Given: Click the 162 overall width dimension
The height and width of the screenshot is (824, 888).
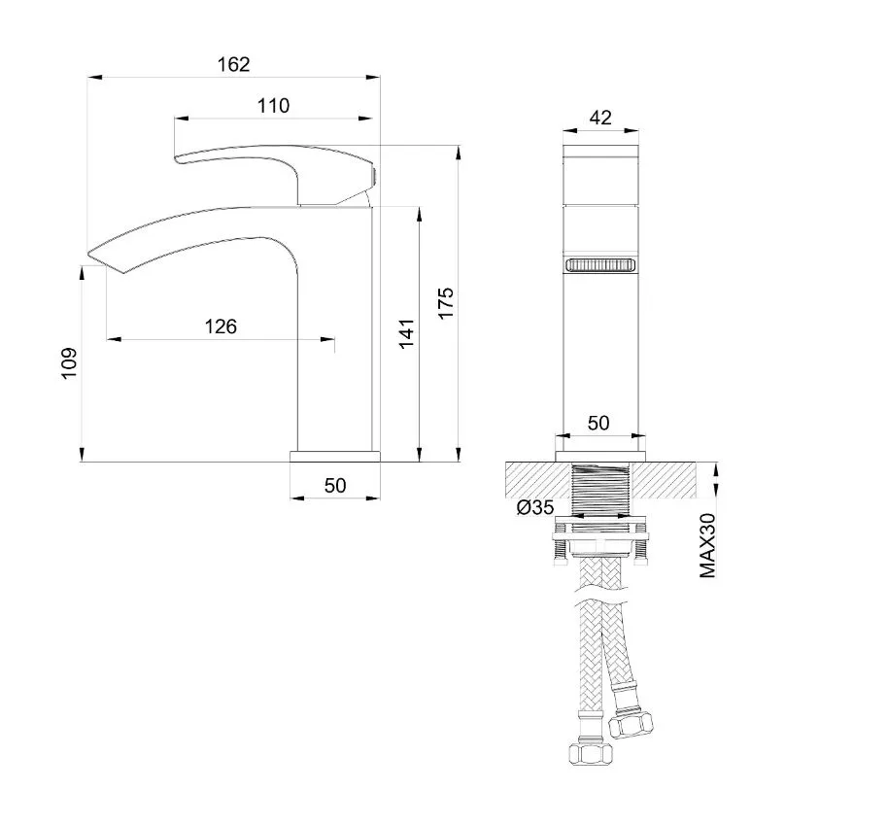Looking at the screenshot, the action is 234,64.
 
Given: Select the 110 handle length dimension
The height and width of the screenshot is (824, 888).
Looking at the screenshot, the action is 274,106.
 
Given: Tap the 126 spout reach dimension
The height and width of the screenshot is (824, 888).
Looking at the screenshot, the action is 221,326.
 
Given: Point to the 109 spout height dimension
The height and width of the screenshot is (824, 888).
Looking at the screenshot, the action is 69,363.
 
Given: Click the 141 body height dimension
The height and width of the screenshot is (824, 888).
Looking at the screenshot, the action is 407,333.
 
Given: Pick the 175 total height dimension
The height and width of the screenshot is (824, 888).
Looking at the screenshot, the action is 446,303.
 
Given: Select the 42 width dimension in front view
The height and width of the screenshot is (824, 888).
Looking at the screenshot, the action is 600,118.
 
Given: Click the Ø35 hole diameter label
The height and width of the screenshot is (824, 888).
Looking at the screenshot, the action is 535,507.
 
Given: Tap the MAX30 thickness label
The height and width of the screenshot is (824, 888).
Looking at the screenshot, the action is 708,545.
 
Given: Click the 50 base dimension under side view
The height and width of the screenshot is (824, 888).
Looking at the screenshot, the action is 335,486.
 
